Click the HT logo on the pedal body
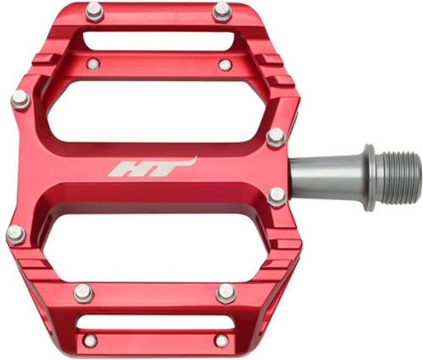coord(152,167)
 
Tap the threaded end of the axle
coord(398,177)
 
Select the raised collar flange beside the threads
coord(370,177)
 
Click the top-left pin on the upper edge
coord(95,12)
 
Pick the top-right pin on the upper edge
coord(222,12)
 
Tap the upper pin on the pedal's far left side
coord(20,100)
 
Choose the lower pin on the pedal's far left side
coord(16,235)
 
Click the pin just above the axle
coord(276,138)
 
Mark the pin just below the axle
coord(277,197)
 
